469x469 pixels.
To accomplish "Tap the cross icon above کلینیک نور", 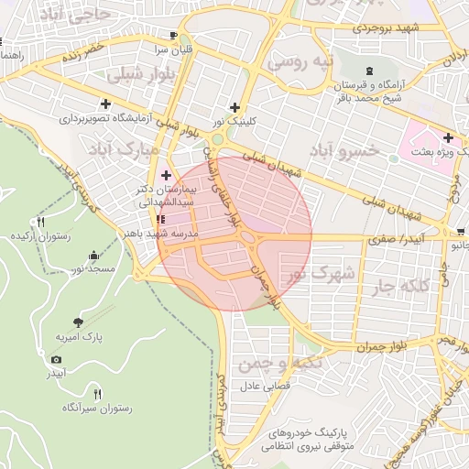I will tap(235, 106).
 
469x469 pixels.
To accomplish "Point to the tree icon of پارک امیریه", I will tap(78, 322).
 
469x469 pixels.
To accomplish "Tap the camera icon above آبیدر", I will tap(57, 359).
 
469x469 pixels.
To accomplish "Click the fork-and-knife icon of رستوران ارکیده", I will tap(41, 222).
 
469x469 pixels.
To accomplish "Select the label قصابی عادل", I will tap(264, 386).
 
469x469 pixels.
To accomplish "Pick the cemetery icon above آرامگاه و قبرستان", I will tap(369, 71).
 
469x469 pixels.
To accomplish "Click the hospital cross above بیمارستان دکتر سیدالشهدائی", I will tap(166, 175).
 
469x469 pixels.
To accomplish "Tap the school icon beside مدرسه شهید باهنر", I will tap(161, 220).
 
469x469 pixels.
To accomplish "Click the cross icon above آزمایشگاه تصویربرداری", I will tap(106, 104).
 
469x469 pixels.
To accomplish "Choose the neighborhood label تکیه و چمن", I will tap(270, 365).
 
